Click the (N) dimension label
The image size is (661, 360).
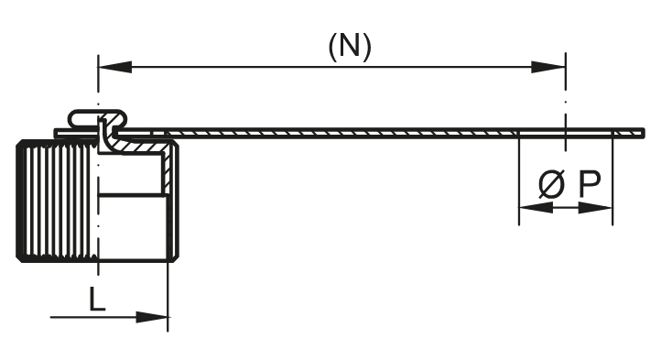click(x=350, y=48)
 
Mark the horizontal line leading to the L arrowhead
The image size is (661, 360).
click(x=92, y=318)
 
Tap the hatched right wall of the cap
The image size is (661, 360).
click(x=170, y=197)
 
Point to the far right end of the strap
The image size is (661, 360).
click(x=640, y=134)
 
